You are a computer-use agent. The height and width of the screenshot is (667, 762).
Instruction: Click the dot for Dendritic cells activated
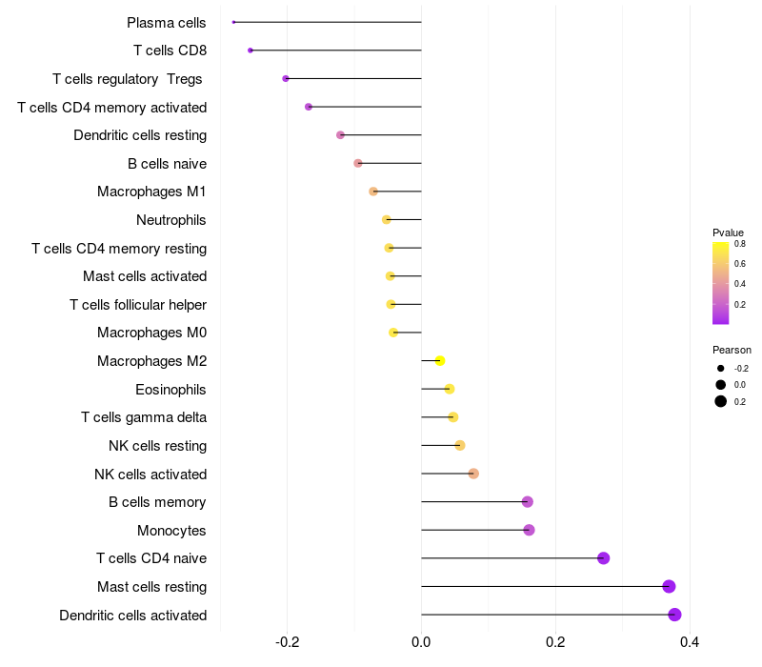pos(674,615)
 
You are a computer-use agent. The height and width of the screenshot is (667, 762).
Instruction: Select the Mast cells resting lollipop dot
pos(669,586)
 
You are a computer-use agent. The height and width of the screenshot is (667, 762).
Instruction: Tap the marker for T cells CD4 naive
pos(603,558)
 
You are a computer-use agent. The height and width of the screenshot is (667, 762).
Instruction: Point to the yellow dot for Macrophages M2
pos(440,360)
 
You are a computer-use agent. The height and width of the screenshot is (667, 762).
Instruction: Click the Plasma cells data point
pos(233,22)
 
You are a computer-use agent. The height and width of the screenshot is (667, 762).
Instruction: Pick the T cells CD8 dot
pos(250,50)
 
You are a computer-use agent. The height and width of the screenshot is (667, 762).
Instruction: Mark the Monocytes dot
pos(529,530)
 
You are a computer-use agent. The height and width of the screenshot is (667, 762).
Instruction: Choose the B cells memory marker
pos(527,502)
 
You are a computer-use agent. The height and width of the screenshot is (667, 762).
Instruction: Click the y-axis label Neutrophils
pos(171,220)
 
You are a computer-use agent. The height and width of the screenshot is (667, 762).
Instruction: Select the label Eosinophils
pos(170,389)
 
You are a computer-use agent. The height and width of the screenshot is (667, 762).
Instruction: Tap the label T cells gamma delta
pos(144,417)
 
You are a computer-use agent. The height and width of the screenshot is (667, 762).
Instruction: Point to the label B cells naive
pos(167,164)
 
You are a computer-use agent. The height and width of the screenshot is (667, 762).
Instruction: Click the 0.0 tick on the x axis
pos(421,643)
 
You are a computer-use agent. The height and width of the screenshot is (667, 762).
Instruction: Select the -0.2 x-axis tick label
pos(287,643)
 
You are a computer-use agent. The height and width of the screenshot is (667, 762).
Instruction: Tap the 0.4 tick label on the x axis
pos(690,643)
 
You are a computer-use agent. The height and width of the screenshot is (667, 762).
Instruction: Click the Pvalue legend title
pos(728,232)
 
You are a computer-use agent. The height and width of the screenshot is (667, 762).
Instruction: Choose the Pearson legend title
pos(732,350)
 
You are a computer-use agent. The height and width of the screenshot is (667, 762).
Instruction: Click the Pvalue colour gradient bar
pos(720,283)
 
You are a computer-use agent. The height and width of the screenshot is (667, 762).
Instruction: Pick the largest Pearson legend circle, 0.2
pos(721,401)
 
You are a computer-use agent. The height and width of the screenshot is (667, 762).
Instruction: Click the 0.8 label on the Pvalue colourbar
pos(740,244)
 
